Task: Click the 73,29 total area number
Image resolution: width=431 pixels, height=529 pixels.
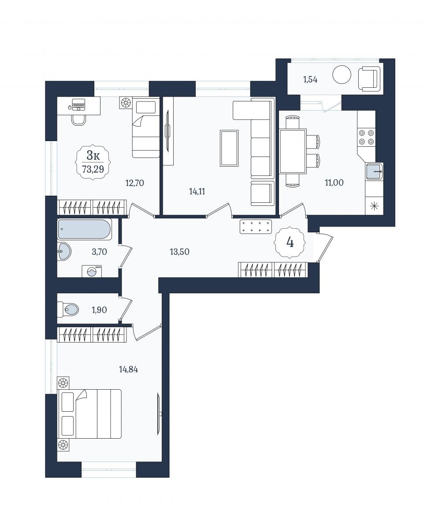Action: click(93, 169)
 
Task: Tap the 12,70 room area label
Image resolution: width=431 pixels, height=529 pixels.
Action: click(134, 183)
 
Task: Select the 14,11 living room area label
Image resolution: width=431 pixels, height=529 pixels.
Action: click(197, 191)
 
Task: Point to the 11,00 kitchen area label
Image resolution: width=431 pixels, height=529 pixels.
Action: click(334, 183)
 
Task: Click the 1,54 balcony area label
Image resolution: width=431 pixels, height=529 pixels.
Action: click(310, 79)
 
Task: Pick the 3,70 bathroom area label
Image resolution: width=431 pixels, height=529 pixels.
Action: click(99, 252)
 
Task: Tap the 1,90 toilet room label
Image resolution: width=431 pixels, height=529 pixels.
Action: click(99, 310)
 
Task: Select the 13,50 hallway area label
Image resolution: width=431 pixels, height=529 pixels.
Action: click(179, 252)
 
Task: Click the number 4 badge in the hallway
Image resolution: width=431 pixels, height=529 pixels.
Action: click(290, 242)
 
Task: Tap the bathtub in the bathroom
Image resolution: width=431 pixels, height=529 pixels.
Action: click(85, 229)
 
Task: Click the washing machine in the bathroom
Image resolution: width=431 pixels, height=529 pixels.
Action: click(92, 271)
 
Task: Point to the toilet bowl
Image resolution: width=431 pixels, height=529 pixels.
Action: click(68, 309)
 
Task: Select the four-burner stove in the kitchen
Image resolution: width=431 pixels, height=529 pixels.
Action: click(367, 137)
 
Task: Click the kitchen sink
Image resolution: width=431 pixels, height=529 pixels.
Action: click(374, 171)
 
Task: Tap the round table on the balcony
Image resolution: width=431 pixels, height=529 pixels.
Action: click(342, 74)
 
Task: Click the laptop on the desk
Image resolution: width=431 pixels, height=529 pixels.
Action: click(78, 104)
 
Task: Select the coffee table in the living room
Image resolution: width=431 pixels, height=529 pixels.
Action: click(229, 148)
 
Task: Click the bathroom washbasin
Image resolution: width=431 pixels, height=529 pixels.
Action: click(64, 251)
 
